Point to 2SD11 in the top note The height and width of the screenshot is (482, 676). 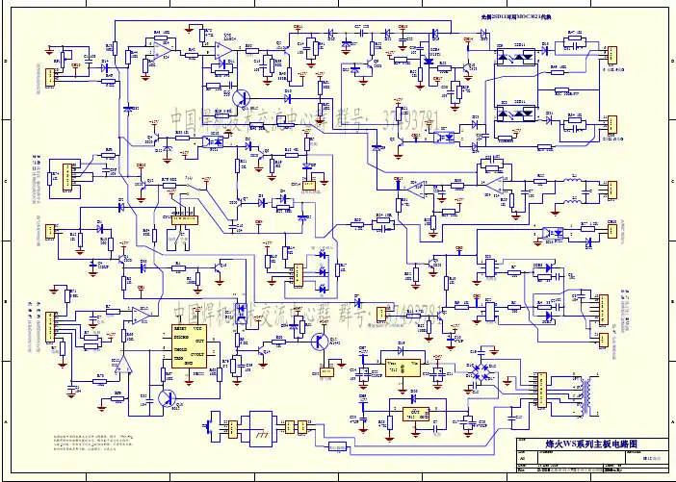point(502,17)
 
